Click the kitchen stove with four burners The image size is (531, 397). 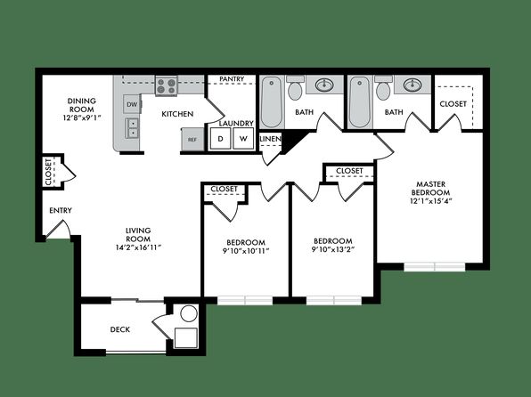(x=167, y=85)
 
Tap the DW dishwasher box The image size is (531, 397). (x=132, y=104)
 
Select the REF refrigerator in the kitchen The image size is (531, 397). (x=192, y=140)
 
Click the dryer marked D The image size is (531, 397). (x=220, y=138)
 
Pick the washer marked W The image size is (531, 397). (x=243, y=138)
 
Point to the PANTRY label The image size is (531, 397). (x=232, y=79)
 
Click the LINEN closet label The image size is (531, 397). (x=270, y=139)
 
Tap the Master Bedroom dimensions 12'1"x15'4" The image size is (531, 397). (x=431, y=200)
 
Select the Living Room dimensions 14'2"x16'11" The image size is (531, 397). (x=137, y=247)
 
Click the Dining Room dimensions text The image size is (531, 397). (x=82, y=118)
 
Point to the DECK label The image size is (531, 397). (x=120, y=329)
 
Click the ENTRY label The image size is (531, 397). (x=61, y=210)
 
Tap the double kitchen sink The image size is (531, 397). (x=132, y=127)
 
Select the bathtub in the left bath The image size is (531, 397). (x=272, y=101)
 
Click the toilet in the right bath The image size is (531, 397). (x=383, y=88)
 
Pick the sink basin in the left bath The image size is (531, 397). (x=324, y=85)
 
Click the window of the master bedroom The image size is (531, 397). (x=435, y=266)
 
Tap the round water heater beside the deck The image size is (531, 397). (x=189, y=313)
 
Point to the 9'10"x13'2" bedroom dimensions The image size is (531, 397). (x=333, y=250)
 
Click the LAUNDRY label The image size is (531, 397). (x=236, y=124)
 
